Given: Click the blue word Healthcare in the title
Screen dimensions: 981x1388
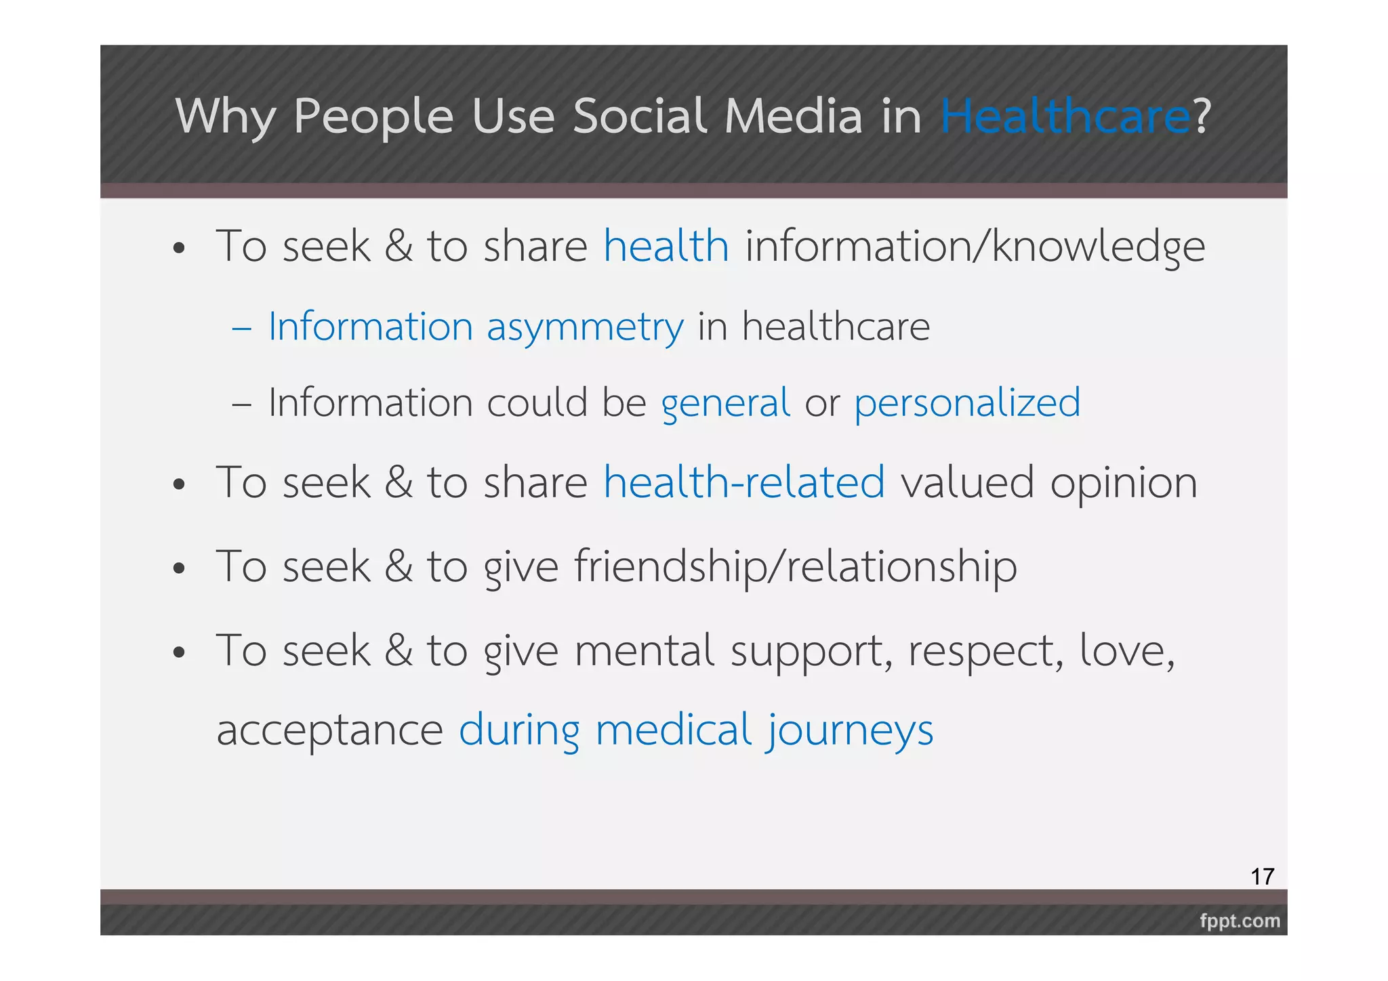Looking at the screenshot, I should tap(1065, 117).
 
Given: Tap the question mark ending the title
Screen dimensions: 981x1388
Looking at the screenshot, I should tap(1202, 117).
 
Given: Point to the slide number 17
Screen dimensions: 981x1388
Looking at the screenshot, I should tap(1262, 877).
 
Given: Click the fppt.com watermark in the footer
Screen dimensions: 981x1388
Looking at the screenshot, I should tap(1240, 921).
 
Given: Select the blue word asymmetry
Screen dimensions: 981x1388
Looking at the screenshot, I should tap(585, 328).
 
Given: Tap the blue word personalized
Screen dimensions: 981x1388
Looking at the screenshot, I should tap(967, 404).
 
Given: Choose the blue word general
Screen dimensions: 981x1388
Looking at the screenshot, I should tap(725, 404).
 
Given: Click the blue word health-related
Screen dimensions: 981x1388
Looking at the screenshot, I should tap(744, 482).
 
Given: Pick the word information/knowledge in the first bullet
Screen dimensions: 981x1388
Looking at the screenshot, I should tap(975, 247).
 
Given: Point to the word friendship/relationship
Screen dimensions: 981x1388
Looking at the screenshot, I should tap(796, 566).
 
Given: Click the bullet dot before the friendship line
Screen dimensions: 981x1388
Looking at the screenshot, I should tap(179, 568).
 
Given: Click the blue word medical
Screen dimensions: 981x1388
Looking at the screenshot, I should tap(674, 730).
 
